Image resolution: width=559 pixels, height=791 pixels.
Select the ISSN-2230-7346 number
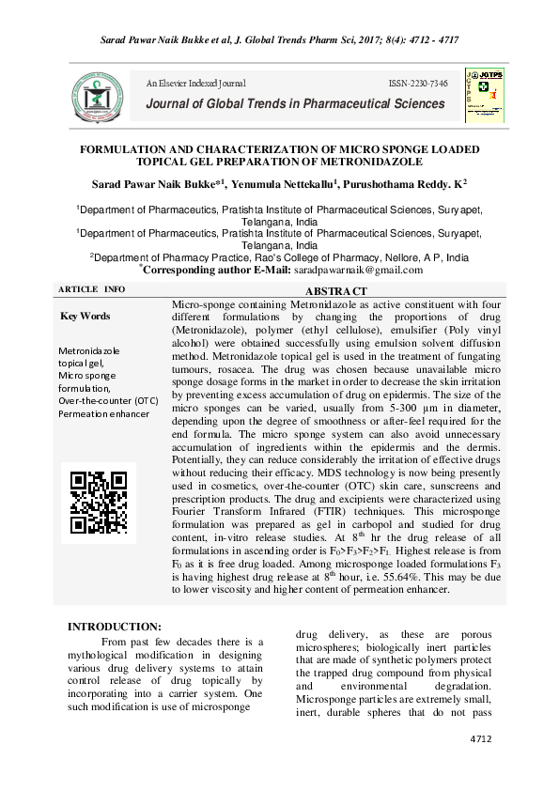[418, 84]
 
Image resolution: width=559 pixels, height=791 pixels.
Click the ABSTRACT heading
[334, 292]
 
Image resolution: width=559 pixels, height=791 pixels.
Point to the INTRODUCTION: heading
[114, 627]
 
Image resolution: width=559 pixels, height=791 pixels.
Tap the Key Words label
[85, 317]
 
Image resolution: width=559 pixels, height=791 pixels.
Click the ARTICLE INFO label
[91, 288]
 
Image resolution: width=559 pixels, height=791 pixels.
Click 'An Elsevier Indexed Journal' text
[195, 84]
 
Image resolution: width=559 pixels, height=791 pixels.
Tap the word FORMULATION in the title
[127, 149]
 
